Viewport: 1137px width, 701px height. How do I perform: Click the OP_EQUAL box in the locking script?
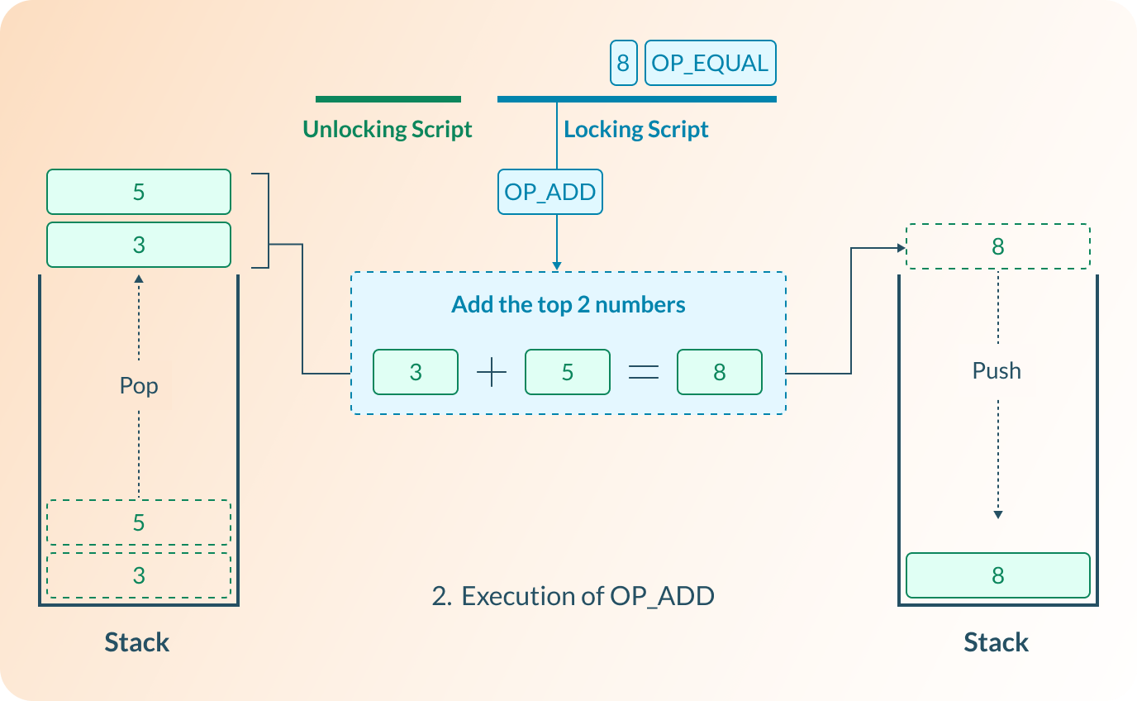(710, 64)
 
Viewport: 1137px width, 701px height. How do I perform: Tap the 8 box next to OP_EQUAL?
(623, 64)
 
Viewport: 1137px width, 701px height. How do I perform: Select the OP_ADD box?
(549, 193)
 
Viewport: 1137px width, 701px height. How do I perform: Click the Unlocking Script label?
(388, 130)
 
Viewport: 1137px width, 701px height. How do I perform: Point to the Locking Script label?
(636, 130)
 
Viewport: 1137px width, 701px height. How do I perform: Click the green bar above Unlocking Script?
(388, 99)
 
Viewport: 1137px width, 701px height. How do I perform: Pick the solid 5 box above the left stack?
(139, 192)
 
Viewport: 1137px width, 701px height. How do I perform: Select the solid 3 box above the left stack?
(139, 245)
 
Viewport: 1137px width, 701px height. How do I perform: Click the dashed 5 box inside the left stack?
(139, 522)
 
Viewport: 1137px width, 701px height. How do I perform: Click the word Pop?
(139, 386)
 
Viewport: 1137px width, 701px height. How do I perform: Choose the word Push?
(997, 371)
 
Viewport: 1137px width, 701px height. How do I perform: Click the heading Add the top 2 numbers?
(568, 305)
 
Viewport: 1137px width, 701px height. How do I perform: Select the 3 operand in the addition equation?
(416, 372)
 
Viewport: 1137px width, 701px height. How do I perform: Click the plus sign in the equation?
(492, 373)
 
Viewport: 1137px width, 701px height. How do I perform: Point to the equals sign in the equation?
(644, 373)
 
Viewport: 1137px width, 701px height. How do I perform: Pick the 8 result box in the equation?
(719, 372)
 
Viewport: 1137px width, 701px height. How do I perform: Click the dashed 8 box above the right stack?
(997, 246)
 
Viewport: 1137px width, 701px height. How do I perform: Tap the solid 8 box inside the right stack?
(997, 575)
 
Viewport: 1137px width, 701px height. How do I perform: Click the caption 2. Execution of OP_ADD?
(573, 596)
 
